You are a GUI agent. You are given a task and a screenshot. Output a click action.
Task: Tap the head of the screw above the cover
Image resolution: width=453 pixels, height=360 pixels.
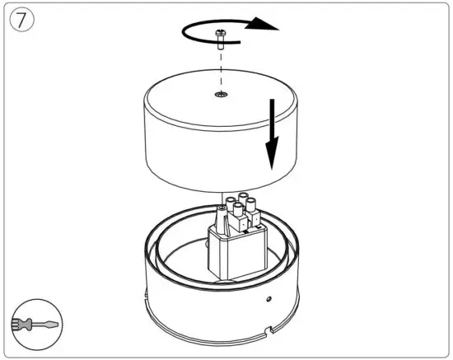tap(222, 32)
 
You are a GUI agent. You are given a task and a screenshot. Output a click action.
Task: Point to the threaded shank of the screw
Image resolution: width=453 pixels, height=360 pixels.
tap(222, 44)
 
